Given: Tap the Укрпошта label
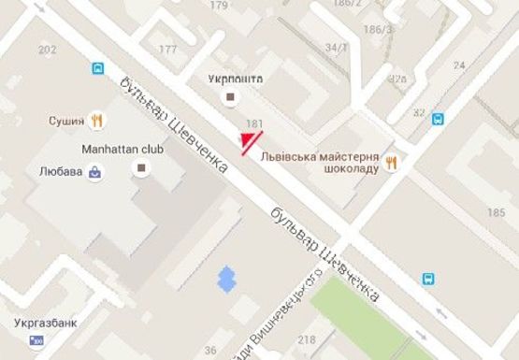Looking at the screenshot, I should pyautogui.click(x=236, y=79).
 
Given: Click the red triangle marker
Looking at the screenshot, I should pyautogui.click(x=248, y=141).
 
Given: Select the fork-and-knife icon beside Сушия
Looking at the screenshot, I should pyautogui.click(x=95, y=120).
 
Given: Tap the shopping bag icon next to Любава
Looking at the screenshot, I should pyautogui.click(x=95, y=172).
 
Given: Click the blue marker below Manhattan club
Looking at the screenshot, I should pyautogui.click(x=224, y=277).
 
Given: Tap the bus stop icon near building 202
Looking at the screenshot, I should pyautogui.click(x=98, y=67).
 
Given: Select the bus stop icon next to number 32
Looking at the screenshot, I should pyautogui.click(x=438, y=119).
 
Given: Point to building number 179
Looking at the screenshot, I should pyautogui.click(x=219, y=6).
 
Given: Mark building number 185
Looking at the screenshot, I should pyautogui.click(x=496, y=213).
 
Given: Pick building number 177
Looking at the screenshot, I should pyautogui.click(x=168, y=50).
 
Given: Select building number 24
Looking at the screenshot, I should pyautogui.click(x=459, y=65).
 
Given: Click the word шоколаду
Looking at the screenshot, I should pyautogui.click(x=353, y=168).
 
